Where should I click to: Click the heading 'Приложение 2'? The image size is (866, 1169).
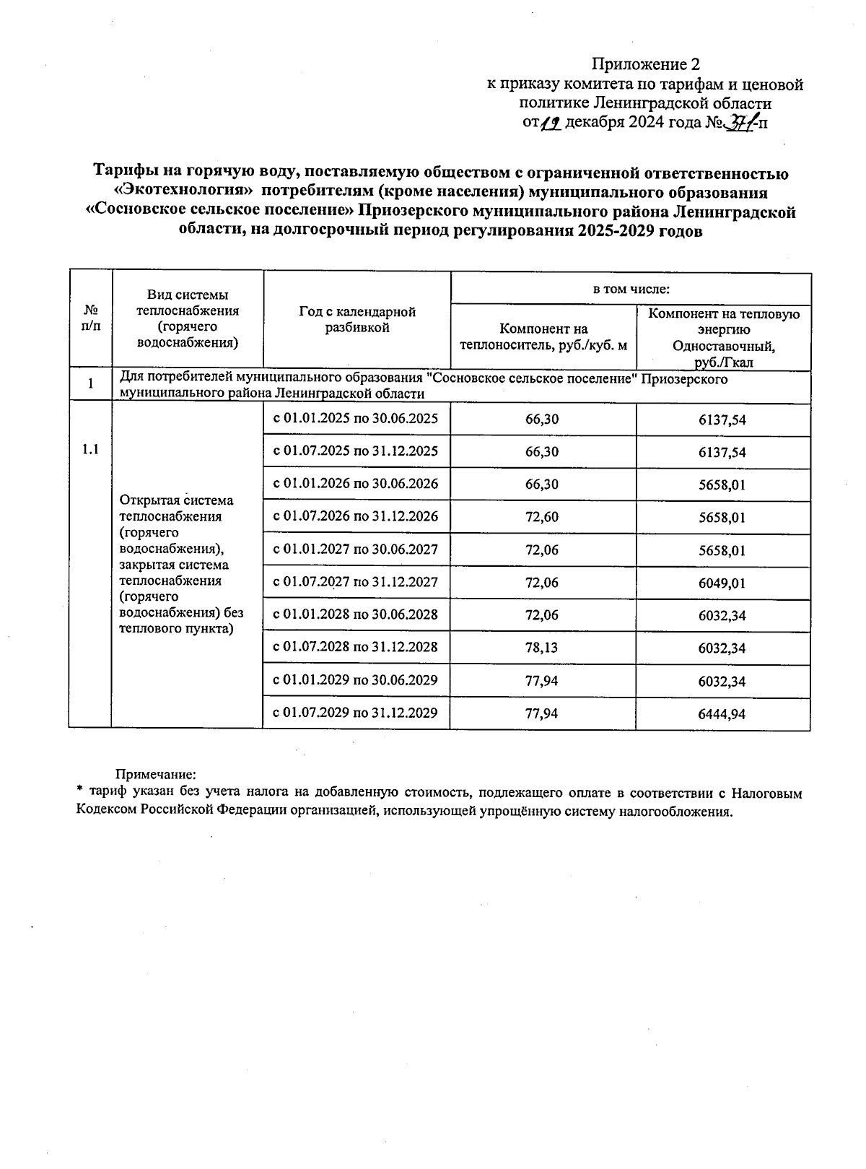pos(646,64)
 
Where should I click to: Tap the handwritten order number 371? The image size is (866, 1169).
pos(739,123)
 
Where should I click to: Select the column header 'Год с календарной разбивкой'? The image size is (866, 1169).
pos(357,319)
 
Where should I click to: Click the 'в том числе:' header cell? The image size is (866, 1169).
pos(631,290)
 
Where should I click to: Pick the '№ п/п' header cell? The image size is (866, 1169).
pos(90,318)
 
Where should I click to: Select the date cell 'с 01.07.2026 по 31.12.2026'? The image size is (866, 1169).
pos(356,517)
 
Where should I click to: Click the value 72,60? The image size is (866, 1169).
pos(542,518)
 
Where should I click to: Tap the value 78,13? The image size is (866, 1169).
pos(542,648)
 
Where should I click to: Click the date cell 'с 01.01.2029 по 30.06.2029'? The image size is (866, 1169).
pos(356,680)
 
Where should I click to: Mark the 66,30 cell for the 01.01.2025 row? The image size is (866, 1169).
pos(542,420)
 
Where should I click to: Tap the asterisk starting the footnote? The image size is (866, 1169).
pos(79,791)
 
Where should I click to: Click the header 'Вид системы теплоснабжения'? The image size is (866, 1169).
pos(188,318)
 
